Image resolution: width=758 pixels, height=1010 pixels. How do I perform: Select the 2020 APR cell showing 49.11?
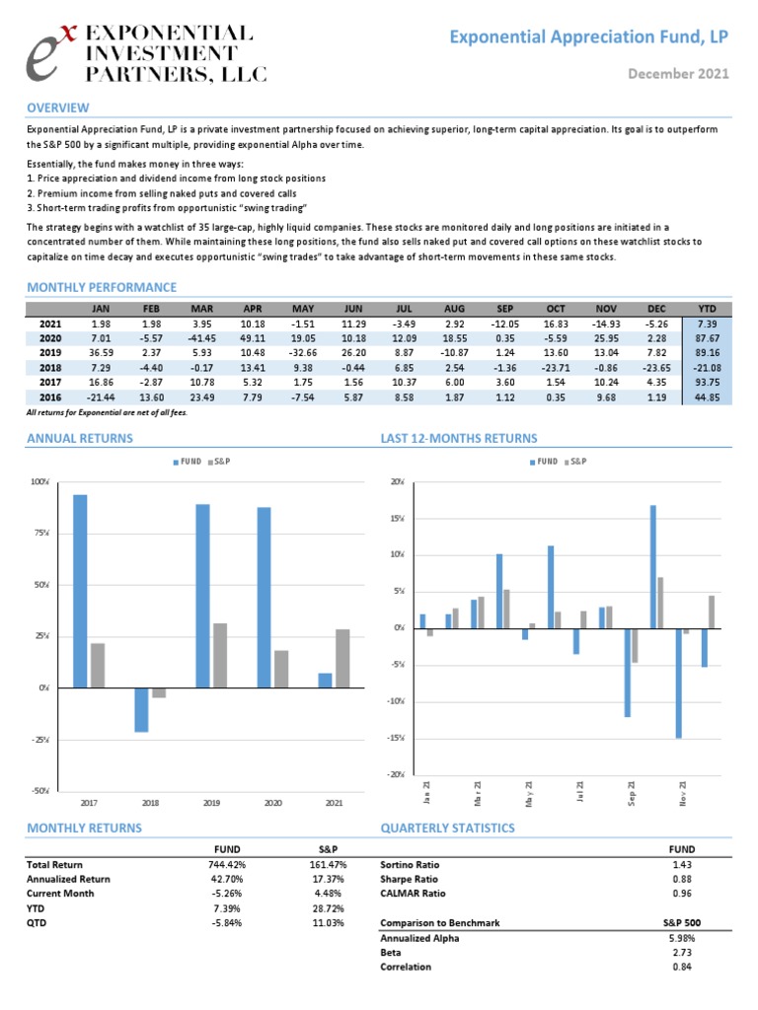click(x=252, y=337)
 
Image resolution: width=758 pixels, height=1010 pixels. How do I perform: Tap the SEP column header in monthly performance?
click(x=505, y=309)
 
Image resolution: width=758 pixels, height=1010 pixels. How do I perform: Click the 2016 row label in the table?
click(x=50, y=395)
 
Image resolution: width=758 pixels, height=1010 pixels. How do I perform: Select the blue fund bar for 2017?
click(x=80, y=591)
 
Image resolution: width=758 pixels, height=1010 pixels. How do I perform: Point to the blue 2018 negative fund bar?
click(x=141, y=709)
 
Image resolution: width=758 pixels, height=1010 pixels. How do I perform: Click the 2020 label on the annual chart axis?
click(x=272, y=803)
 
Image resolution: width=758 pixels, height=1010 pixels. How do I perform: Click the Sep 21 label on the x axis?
click(x=632, y=791)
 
